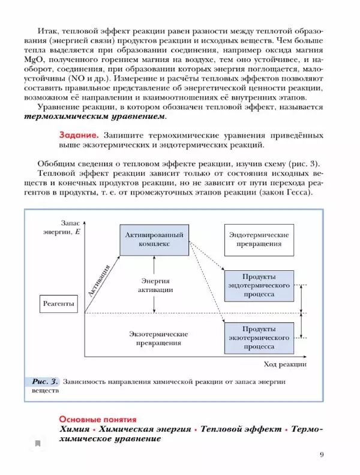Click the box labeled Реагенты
coord(59,304)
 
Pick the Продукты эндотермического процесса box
coord(259,286)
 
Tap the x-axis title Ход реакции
coord(285,364)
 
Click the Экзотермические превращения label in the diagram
coord(158,339)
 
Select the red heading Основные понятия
coord(98,419)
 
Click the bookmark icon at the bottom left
coord(38,444)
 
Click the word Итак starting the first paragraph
coord(46,31)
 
